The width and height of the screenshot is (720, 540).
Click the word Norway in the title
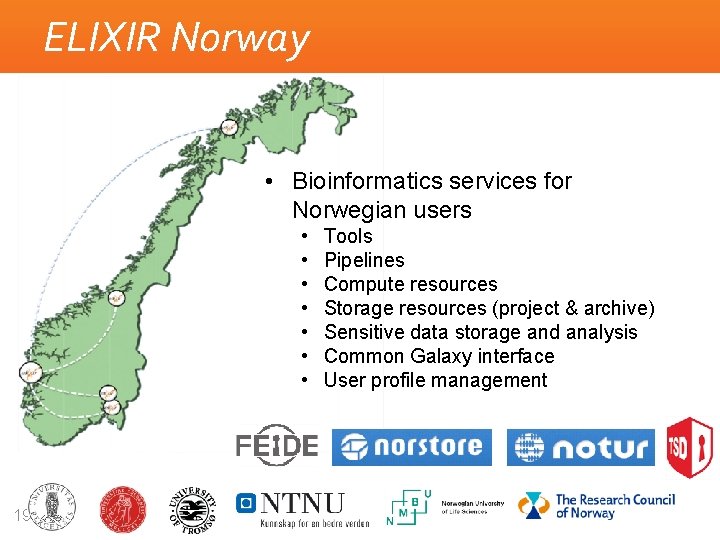click(x=241, y=38)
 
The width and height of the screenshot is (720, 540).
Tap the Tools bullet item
click(x=348, y=236)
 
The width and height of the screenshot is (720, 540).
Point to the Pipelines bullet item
click(x=364, y=260)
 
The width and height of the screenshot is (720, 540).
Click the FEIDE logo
click(x=277, y=447)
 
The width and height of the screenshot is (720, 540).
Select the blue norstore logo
click(x=412, y=447)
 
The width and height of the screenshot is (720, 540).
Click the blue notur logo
click(x=581, y=447)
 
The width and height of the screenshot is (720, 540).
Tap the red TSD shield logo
click(x=690, y=446)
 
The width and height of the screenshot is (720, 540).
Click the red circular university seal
click(x=122, y=507)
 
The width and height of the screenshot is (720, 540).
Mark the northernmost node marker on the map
click(x=229, y=127)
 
